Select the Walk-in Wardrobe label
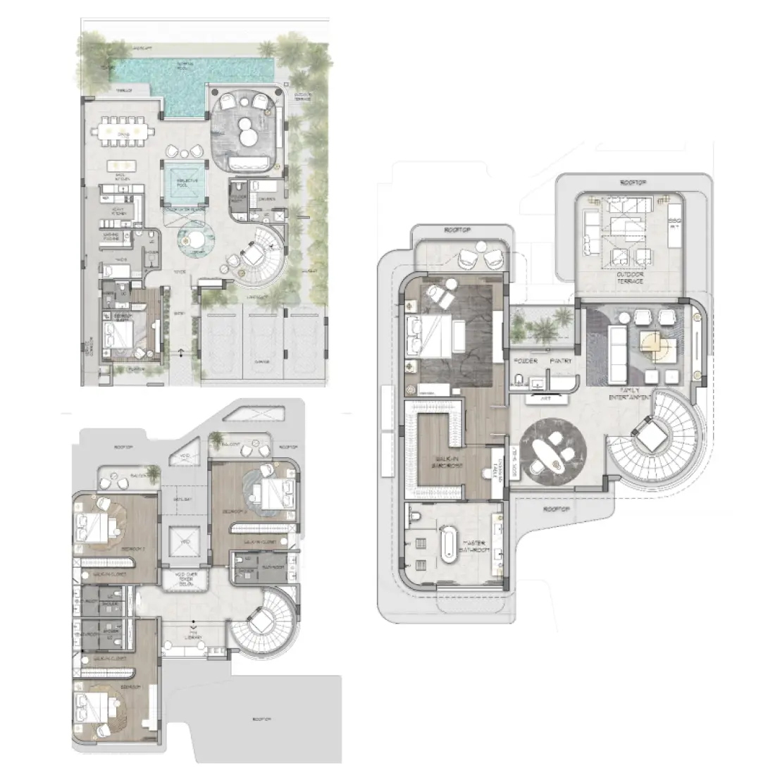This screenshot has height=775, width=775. (x=443, y=466)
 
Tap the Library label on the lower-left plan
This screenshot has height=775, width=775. (x=194, y=638)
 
